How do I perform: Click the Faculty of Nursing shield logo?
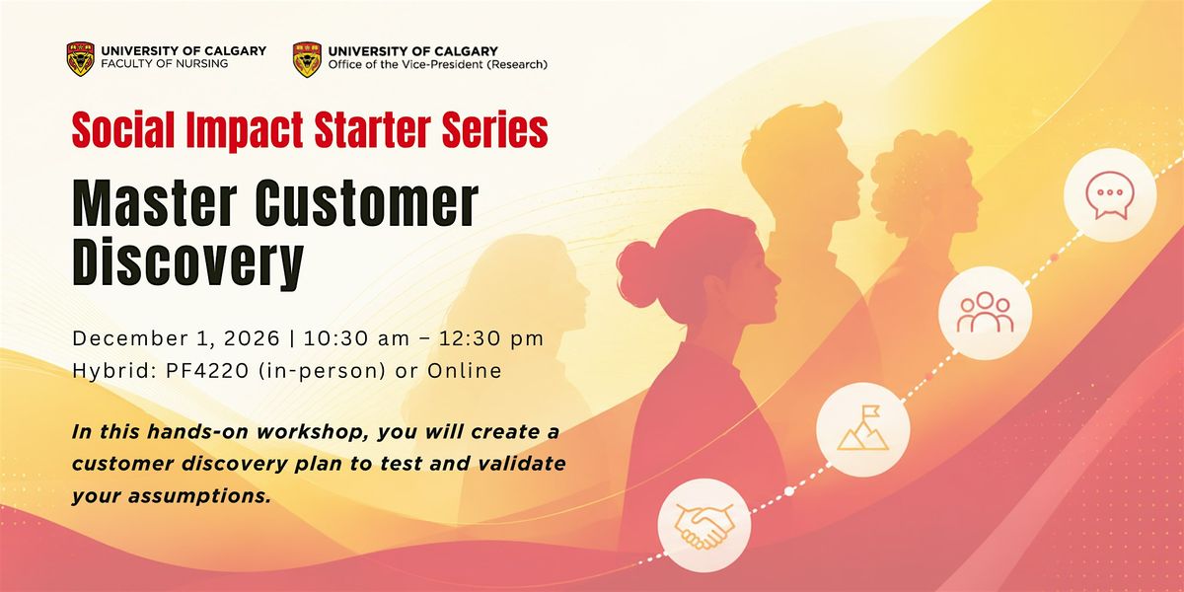pyautogui.click(x=81, y=59)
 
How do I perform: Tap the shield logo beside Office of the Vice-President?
pyautogui.click(x=307, y=60)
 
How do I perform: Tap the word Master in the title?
pyautogui.click(x=155, y=204)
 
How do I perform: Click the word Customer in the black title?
pyautogui.click(x=367, y=204)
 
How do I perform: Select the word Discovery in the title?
pyautogui.click(x=188, y=262)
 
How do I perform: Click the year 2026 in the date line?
pyautogui.click(x=252, y=338)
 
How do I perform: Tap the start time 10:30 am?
pyautogui.click(x=356, y=338)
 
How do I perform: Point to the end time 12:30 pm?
pyautogui.click(x=491, y=338)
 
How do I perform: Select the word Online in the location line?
pyautogui.click(x=465, y=371)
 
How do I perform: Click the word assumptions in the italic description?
pyautogui.click(x=198, y=496)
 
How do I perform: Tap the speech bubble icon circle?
pyautogui.click(x=1110, y=195)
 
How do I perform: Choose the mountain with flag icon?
pyautogui.click(x=862, y=429)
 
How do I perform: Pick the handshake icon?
pyautogui.click(x=704, y=526)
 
